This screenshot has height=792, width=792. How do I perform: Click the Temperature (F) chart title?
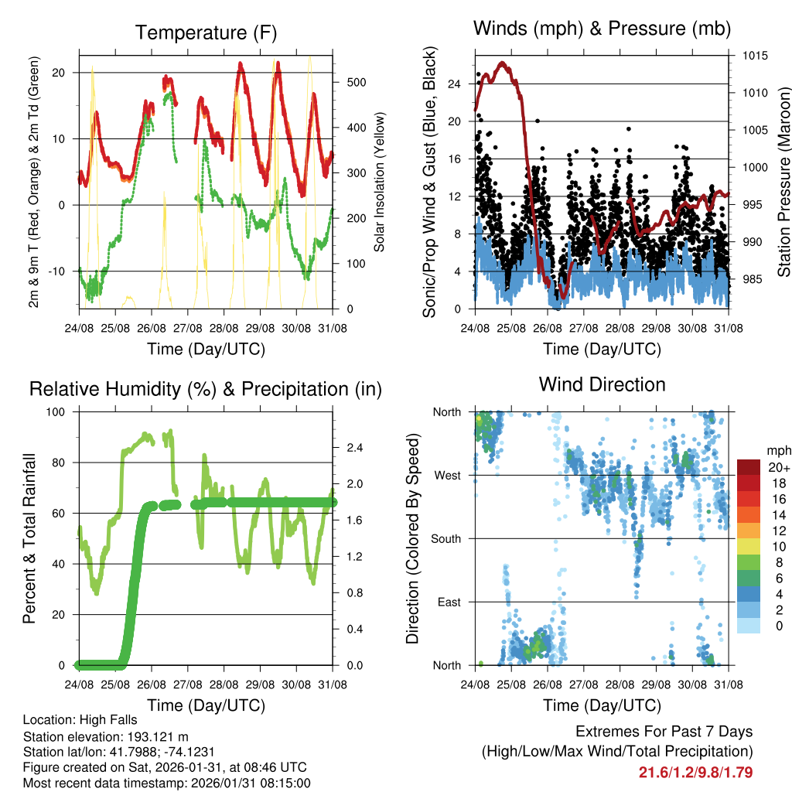pyautogui.click(x=206, y=32)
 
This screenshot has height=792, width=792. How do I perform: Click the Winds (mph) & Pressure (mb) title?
pyautogui.click(x=602, y=29)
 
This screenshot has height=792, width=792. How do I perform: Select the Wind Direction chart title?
pyautogui.click(x=602, y=384)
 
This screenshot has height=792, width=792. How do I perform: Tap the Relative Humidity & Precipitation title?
pyautogui.click(x=206, y=389)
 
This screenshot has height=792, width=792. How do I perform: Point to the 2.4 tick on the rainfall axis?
pyautogui.click(x=356, y=448)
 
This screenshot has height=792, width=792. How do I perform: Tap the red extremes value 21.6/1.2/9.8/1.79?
pyautogui.click(x=695, y=772)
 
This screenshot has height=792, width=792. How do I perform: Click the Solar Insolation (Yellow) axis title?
pyautogui.click(x=379, y=182)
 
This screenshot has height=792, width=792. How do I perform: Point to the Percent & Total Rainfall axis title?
pyautogui.click(x=29, y=538)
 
